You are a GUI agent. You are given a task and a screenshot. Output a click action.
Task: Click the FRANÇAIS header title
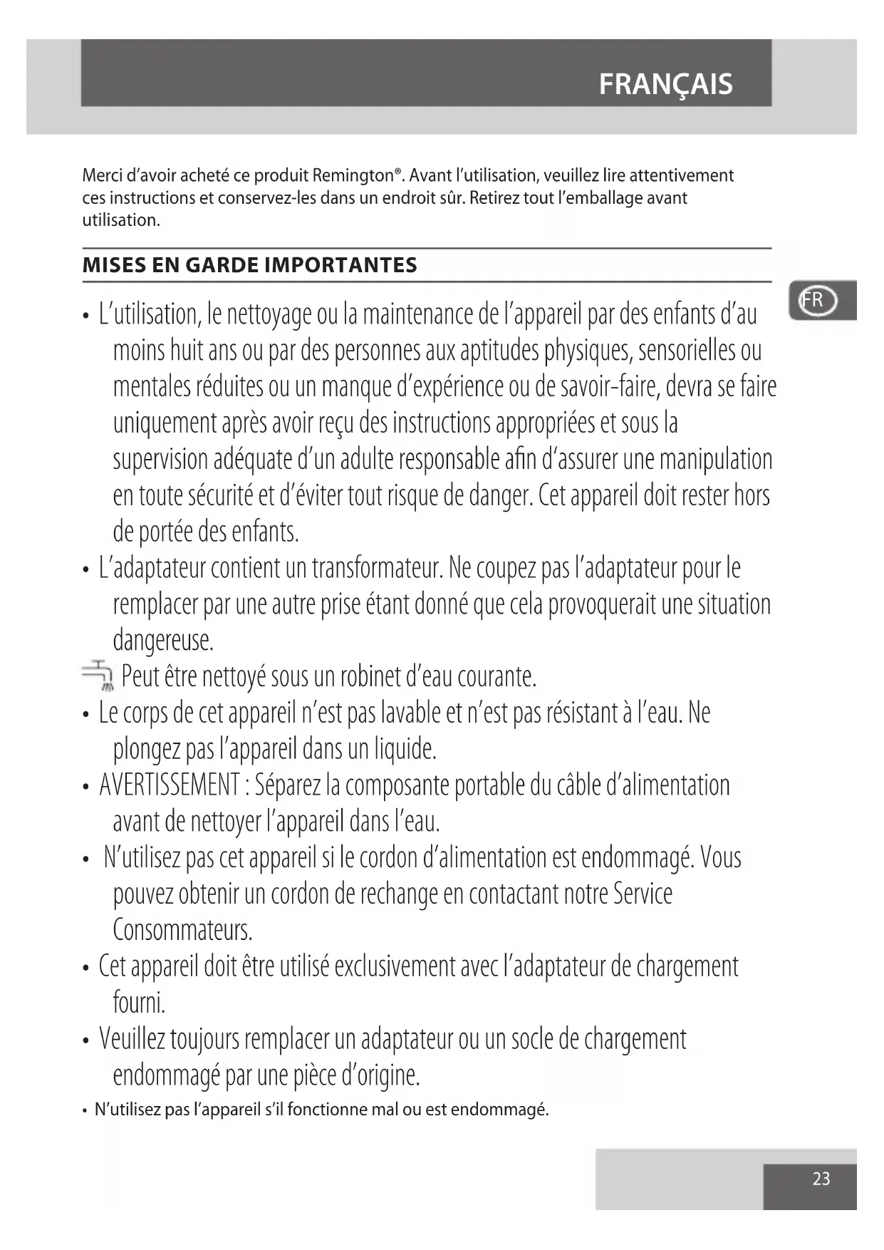coord(665,85)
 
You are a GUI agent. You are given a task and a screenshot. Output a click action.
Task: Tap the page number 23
coord(821,1179)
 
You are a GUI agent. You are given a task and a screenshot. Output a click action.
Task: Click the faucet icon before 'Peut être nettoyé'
coord(98,676)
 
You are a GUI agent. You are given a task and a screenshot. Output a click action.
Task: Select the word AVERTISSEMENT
coord(169,785)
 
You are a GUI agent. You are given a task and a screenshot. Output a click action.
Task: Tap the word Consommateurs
coord(183,930)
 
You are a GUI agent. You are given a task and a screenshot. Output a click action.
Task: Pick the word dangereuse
coord(163,641)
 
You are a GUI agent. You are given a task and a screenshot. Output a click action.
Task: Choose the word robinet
coord(371,676)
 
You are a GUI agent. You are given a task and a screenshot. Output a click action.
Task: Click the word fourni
coord(139,1003)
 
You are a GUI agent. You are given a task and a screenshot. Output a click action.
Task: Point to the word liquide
coord(402,749)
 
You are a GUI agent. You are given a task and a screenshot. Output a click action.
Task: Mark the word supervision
coord(160,460)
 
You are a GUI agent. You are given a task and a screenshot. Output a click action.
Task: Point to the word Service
coord(643,894)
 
